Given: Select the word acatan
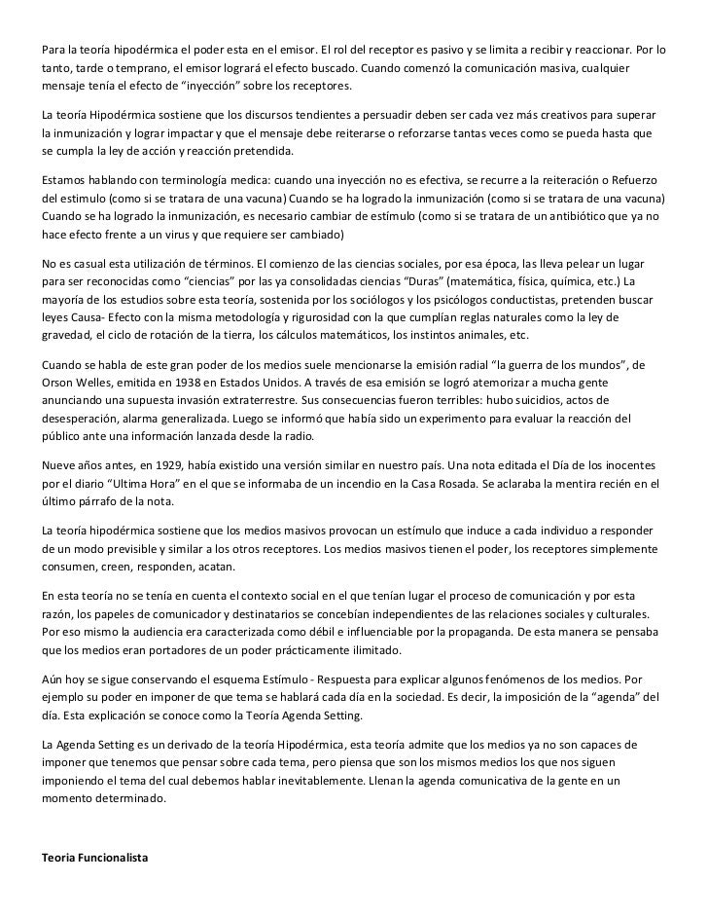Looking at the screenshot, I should [x=230, y=566].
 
